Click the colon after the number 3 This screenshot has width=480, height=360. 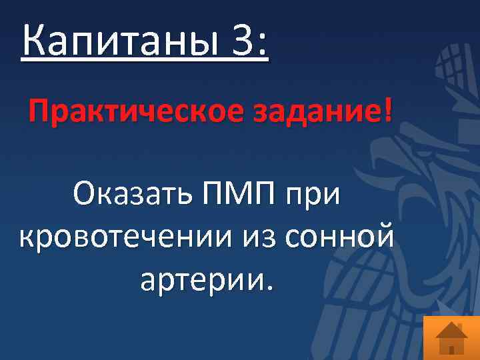(x=261, y=43)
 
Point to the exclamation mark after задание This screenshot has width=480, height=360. (x=389, y=109)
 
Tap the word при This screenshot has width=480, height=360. (x=313, y=198)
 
